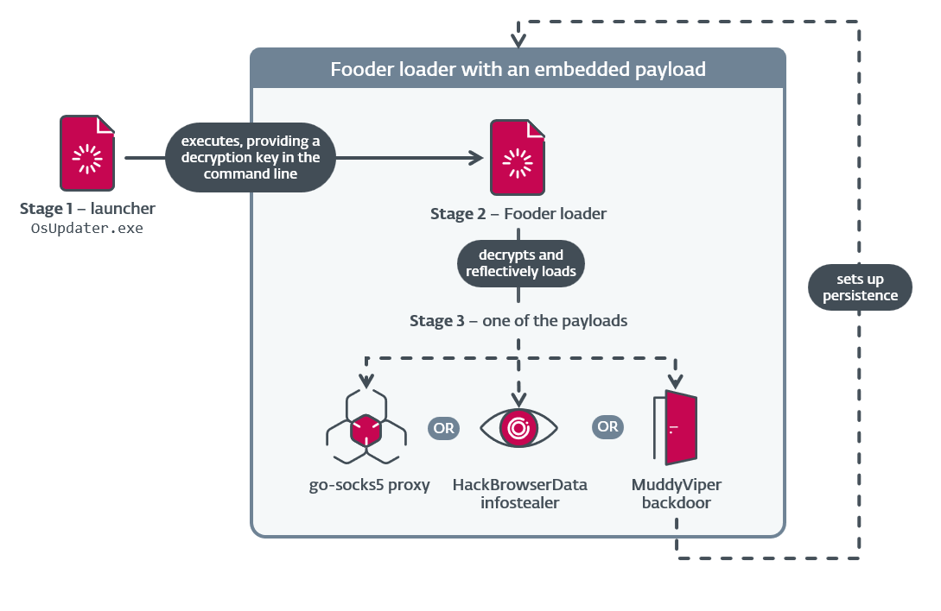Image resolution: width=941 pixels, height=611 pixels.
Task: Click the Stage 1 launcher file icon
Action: [87, 153]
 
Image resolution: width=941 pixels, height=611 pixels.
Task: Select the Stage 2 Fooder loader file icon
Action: [518, 157]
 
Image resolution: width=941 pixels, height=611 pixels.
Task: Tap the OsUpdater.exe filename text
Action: [87, 229]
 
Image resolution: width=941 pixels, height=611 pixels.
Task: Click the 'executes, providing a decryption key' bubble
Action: [250, 157]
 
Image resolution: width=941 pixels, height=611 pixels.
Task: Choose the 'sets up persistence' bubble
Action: [860, 287]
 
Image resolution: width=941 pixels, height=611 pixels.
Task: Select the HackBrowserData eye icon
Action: [518, 427]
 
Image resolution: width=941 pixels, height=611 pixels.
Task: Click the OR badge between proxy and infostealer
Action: [443, 427]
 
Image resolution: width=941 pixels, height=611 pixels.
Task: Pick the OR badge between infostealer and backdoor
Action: [607, 426]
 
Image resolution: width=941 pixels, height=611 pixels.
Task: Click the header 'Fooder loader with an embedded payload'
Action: [518, 69]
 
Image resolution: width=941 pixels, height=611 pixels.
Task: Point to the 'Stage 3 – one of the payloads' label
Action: [518, 321]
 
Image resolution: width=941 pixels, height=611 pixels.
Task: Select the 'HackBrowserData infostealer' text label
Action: [519, 494]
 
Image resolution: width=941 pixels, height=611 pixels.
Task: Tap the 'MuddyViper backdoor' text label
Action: [676, 494]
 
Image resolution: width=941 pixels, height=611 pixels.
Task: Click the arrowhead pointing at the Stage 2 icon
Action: [475, 158]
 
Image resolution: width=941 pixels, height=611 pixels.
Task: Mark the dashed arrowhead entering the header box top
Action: [518, 41]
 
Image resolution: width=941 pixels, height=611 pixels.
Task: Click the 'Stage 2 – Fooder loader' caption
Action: [518, 214]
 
